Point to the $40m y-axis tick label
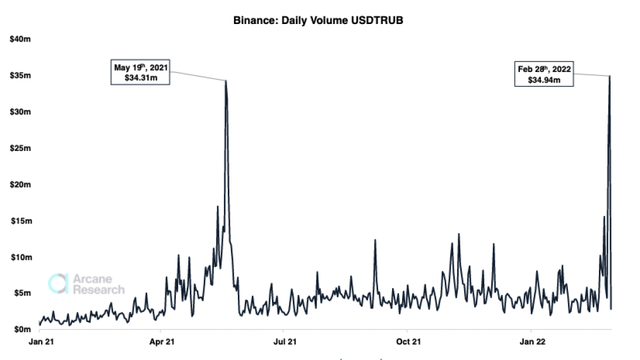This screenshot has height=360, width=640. (21, 39)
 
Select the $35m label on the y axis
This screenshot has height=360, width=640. (21, 76)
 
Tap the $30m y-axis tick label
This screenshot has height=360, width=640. (21, 112)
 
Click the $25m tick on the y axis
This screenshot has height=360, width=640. (21, 148)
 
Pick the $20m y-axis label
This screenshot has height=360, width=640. (21, 185)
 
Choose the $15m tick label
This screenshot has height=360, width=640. (21, 221)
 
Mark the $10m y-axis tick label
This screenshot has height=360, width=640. (21, 257)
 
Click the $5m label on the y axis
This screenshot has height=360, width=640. (22, 293)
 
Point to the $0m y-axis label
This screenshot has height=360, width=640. (22, 330)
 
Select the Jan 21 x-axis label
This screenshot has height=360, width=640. (40, 341)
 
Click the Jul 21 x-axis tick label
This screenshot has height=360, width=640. (283, 341)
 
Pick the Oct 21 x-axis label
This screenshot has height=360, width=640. (406, 341)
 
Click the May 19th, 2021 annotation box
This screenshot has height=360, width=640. (140, 73)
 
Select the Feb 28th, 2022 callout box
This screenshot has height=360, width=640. (544, 74)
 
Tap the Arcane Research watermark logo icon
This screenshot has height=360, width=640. (58, 283)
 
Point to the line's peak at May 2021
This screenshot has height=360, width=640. (226, 81)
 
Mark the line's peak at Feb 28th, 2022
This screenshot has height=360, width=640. (610, 76)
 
